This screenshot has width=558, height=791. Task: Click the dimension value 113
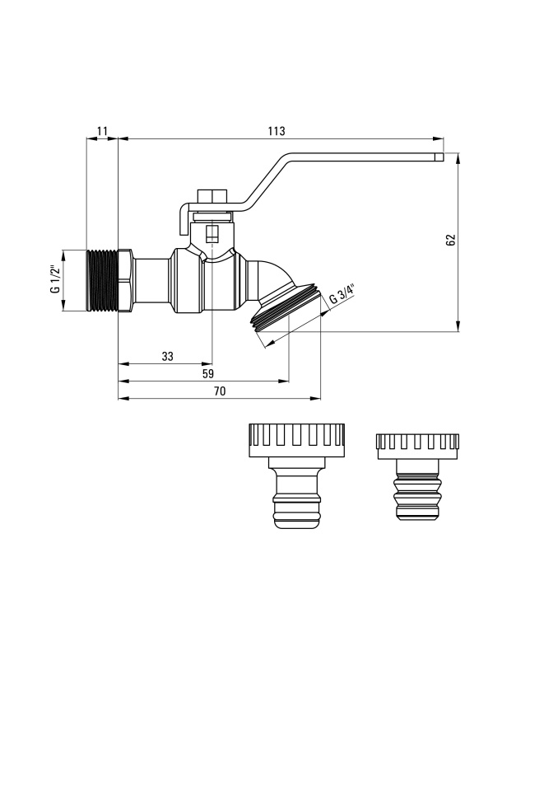point(277,131)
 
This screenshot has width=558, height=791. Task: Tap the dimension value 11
point(102,131)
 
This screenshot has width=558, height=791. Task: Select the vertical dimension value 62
point(451,240)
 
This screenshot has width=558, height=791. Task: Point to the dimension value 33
point(168,356)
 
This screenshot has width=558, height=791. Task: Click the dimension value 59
point(207,373)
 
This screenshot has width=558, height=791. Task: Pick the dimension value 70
point(220,391)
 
